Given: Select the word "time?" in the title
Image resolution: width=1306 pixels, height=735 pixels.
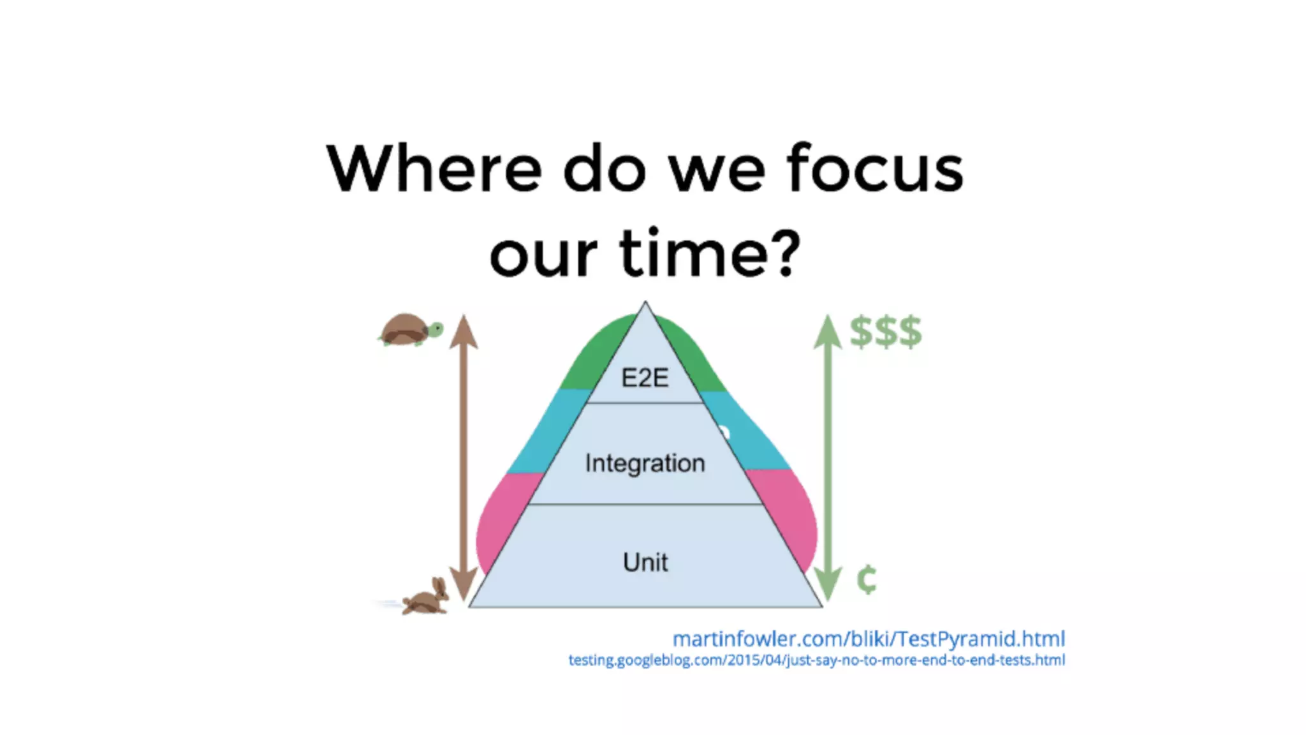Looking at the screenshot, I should (x=710, y=253).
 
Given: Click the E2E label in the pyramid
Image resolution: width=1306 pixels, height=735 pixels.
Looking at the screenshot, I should (x=645, y=378).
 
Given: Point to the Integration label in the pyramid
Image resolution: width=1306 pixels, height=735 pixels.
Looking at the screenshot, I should (x=645, y=463).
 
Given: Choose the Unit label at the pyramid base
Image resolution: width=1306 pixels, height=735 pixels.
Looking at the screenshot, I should (x=645, y=562).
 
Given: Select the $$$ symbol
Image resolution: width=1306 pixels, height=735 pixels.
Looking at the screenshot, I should (x=886, y=331).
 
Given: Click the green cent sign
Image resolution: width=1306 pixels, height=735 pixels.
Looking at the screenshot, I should (x=867, y=579).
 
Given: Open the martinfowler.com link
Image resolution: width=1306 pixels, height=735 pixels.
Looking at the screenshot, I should (x=869, y=639).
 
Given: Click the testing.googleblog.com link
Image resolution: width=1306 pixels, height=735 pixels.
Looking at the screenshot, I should (x=816, y=660).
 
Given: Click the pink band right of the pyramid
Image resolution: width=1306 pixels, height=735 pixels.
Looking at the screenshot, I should (x=788, y=517).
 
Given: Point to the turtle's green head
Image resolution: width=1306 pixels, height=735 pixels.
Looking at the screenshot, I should (x=436, y=329).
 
